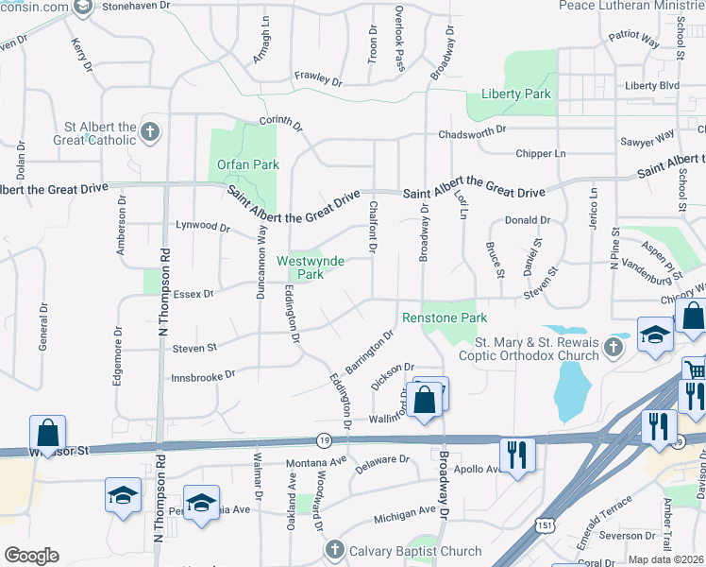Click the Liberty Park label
[x=515, y=94]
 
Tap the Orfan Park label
[x=248, y=164]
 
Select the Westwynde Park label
[x=311, y=267]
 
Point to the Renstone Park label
[x=445, y=318]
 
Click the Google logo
[x=31, y=556]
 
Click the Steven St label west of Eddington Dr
[x=194, y=349]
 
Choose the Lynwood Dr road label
[x=203, y=228]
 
